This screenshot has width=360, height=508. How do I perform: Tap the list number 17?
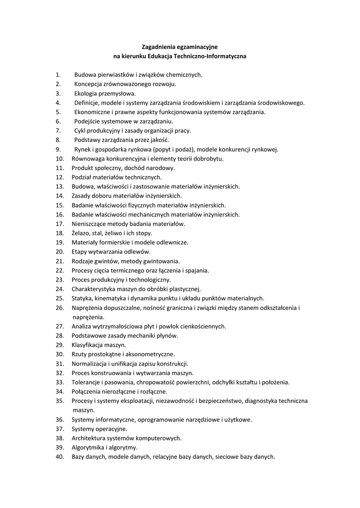click(x=60, y=224)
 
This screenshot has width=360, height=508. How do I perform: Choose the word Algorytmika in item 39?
click(x=88, y=447)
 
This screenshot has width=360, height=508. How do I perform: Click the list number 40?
click(x=60, y=457)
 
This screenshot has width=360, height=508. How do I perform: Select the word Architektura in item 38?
click(x=88, y=439)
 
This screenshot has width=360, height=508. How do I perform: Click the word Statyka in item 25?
click(x=82, y=298)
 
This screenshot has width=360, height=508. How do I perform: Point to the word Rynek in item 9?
click(x=82, y=149)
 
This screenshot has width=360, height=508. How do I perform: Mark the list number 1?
click(x=58, y=74)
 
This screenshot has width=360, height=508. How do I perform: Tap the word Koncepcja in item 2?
click(x=88, y=84)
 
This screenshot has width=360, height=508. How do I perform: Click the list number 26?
click(x=60, y=308)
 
